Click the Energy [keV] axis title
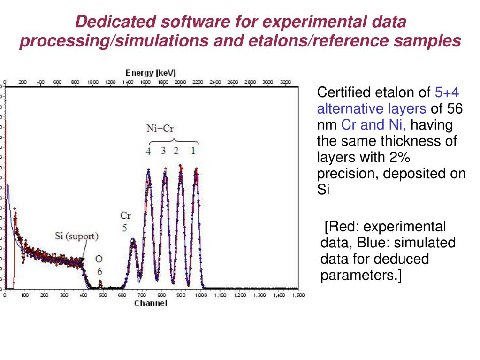(151, 73)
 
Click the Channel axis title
(151, 303)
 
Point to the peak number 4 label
(148, 151)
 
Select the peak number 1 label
(192, 151)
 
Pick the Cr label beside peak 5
(125, 215)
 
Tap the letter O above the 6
(99, 259)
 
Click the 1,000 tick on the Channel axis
(200, 295)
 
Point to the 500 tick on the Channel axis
(103, 295)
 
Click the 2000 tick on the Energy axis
(180, 82)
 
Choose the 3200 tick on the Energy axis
(285, 82)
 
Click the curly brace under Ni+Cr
(174, 141)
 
